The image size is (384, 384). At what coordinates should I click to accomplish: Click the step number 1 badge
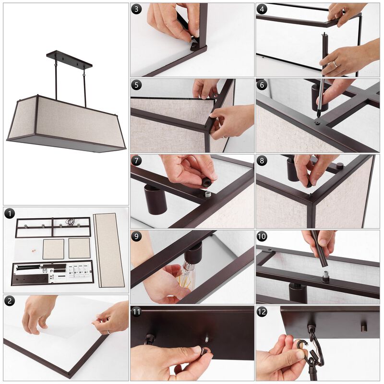(x=10, y=214)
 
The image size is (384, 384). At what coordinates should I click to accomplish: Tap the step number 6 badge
(x=262, y=85)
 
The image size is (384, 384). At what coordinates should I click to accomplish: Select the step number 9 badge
(x=136, y=236)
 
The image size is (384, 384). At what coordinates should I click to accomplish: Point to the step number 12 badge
(x=262, y=312)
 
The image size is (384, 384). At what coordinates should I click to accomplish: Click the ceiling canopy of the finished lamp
(x=69, y=59)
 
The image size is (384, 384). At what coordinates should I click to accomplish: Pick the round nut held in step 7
(x=205, y=182)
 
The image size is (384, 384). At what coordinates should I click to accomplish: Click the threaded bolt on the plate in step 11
(x=206, y=340)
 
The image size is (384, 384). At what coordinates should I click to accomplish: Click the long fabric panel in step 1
(x=109, y=250)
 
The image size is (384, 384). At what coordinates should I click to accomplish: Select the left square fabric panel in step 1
(x=53, y=249)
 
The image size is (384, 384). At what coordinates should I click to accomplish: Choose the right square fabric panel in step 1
(x=79, y=248)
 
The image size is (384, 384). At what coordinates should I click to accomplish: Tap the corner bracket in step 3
(x=195, y=46)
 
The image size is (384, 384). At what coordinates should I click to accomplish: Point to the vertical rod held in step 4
(x=325, y=53)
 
